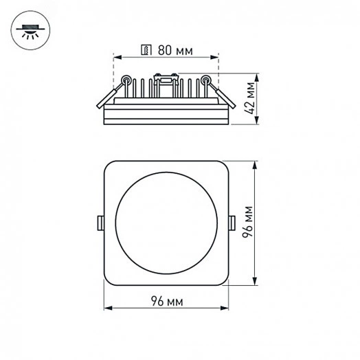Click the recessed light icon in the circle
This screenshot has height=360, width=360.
click(30, 29)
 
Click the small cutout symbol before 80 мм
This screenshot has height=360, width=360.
click(146, 50)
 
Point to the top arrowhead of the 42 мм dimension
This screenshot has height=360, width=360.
click(256, 74)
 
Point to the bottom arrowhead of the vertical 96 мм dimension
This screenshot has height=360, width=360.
click(256, 283)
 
